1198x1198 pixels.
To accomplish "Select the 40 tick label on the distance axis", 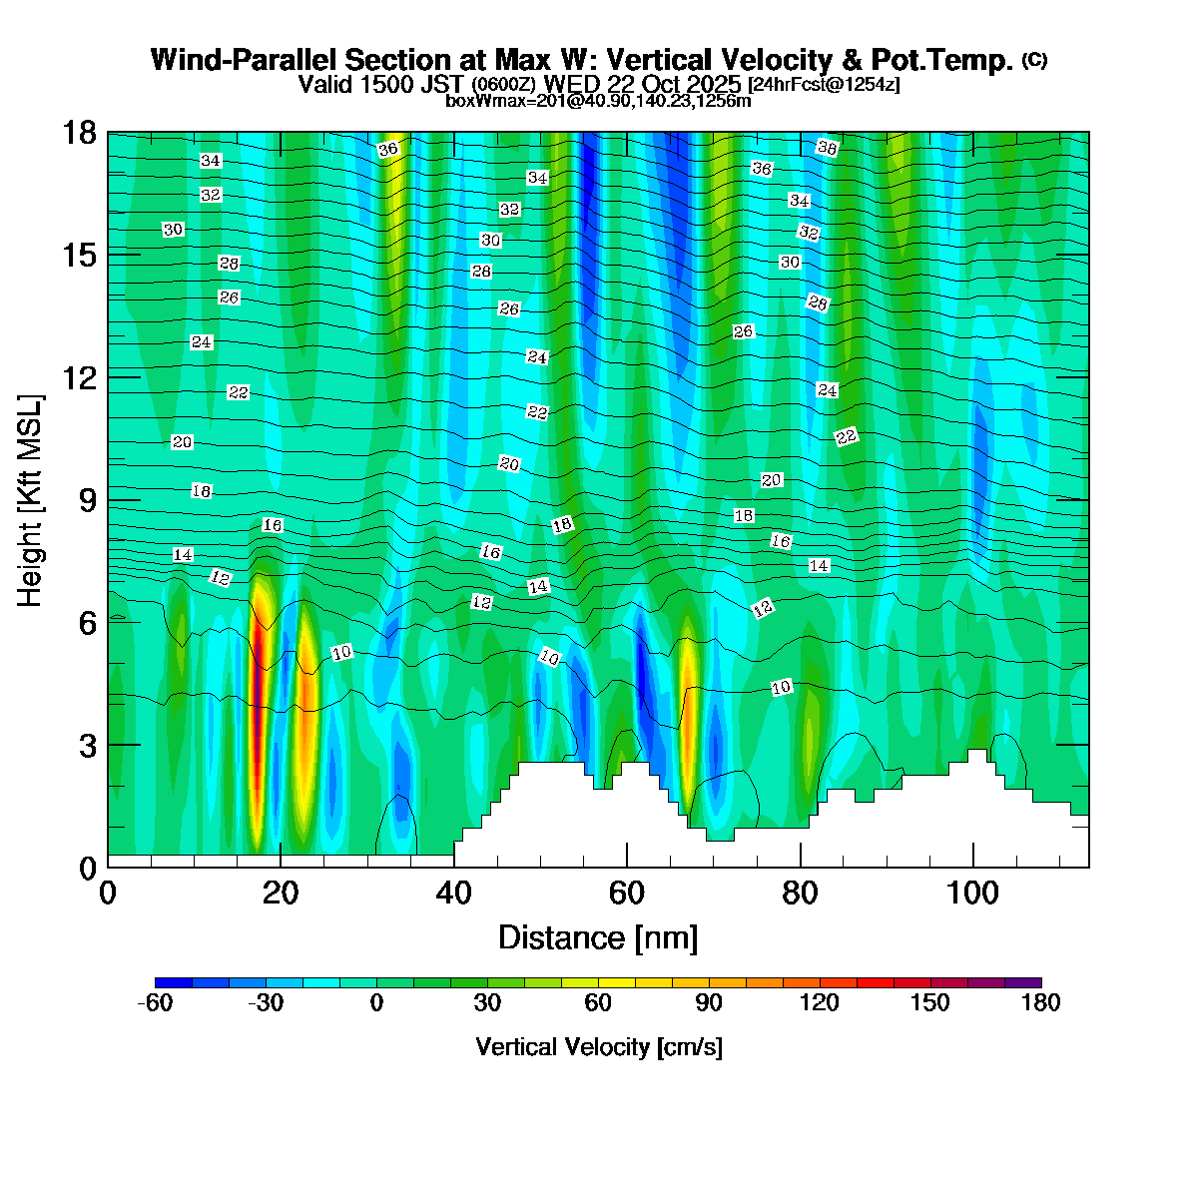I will pyautogui.click(x=453, y=894).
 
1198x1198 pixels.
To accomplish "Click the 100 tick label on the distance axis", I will pyautogui.click(x=972, y=894).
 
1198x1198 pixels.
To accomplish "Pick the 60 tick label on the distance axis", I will pyautogui.click(x=627, y=894).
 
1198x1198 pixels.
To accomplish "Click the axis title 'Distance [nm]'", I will pyautogui.click(x=597, y=938).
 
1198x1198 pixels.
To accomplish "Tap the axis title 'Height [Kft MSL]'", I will pyautogui.click(x=31, y=500).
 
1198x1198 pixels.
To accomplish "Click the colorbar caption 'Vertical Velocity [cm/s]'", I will pyautogui.click(x=599, y=1047).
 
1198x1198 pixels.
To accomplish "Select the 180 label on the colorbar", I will pyautogui.click(x=1040, y=1003).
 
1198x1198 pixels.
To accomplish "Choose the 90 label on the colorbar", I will pyautogui.click(x=708, y=1003).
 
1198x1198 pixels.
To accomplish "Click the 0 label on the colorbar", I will pyautogui.click(x=376, y=1003).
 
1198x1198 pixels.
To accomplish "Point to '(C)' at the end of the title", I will pyautogui.click(x=1034, y=60).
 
